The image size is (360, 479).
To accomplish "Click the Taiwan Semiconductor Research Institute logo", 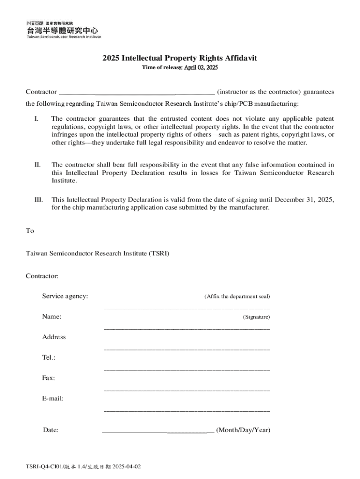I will coord(63,29).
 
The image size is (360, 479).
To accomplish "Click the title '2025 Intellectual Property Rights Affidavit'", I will coord(180,58).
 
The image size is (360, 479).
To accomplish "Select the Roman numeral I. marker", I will coord(36,119).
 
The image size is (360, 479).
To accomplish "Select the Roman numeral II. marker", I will coord(37,165).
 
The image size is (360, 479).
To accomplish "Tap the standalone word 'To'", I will coord(29,231).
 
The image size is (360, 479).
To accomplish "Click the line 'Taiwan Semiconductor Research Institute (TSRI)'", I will coord(97,254).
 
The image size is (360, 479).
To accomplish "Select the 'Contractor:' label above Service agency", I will coord(42,276).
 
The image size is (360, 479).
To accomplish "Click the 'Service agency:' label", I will coord(65,296).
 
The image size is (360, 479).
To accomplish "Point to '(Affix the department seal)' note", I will coord(237,297).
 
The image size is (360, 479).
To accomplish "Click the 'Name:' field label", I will coord(51,317).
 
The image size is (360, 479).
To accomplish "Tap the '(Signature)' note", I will coord(256,317).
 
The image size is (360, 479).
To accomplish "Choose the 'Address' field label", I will coord(54,337).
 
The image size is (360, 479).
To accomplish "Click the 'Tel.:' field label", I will coord(49,357).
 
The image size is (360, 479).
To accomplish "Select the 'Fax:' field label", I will coord(49,377).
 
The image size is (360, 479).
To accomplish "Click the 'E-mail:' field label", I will coord(53,398).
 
